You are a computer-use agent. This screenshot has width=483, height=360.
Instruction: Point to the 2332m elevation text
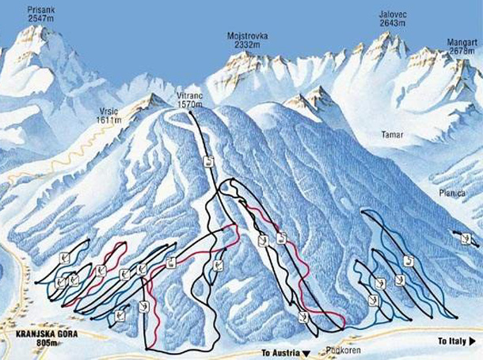tap(246, 45)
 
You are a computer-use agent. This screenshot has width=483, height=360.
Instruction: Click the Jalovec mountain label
tap(393, 14)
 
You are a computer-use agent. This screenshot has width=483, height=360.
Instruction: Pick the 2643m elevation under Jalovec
tap(393, 24)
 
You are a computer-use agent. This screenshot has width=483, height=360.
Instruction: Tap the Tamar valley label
tap(393, 135)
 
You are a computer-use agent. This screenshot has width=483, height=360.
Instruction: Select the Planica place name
tap(453, 192)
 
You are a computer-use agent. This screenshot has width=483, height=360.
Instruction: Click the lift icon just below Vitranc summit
tap(207, 161)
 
